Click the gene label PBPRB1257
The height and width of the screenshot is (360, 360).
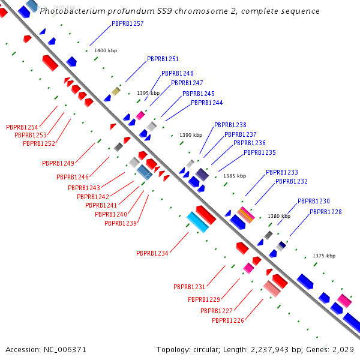coord(128,23)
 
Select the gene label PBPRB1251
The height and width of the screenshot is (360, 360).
coord(163,59)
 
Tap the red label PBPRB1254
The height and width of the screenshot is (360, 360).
coord(22,127)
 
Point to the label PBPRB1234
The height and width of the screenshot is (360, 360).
coord(152,253)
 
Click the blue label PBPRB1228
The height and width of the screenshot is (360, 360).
coord(326,212)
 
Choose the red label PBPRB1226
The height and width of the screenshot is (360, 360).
coord(228,320)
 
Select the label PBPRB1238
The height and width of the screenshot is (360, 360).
coord(230,125)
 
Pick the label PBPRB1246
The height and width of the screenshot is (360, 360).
coord(73,177)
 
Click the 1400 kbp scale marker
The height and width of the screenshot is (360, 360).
coord(106,50)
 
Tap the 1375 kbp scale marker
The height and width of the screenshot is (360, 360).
coord(324,256)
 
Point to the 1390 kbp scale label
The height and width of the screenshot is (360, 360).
coord(191,135)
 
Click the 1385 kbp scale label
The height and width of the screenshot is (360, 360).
coord(235,176)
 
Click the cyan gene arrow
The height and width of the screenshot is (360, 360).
coord(197,222)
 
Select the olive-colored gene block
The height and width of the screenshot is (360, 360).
coord(116,91)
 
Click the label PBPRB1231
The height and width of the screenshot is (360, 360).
coord(190,287)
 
